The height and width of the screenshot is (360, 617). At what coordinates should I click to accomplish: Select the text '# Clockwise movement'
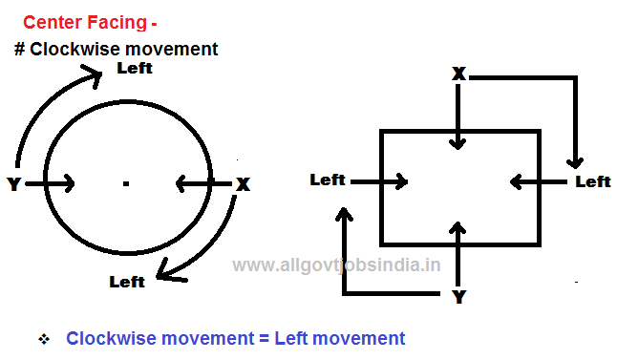(117, 48)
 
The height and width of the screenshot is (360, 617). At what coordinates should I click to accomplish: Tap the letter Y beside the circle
(13, 184)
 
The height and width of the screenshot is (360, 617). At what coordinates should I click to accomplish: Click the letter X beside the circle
(243, 184)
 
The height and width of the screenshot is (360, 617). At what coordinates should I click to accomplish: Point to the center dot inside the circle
(126, 182)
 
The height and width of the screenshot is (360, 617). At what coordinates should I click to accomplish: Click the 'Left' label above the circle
(134, 69)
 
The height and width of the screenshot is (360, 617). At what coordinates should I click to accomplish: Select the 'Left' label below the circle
(127, 281)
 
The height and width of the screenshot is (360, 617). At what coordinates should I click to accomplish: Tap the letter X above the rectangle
(458, 74)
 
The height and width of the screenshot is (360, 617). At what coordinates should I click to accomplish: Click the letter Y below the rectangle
(458, 297)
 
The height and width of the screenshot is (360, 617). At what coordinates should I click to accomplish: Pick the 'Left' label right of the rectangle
(592, 181)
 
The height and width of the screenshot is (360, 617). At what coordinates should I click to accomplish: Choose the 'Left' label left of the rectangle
(328, 179)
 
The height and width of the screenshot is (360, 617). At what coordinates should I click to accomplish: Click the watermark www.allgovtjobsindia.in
(336, 265)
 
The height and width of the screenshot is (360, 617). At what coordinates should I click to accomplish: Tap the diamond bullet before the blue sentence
(42, 339)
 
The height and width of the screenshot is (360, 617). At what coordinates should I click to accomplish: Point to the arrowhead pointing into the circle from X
(181, 183)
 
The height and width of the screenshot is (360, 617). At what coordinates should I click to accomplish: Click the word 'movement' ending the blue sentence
(361, 338)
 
